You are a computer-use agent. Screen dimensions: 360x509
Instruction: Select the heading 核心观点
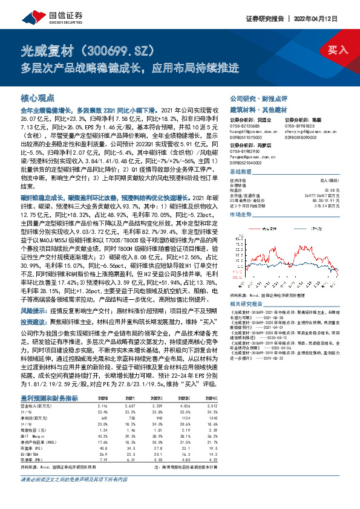coord(38,97)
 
